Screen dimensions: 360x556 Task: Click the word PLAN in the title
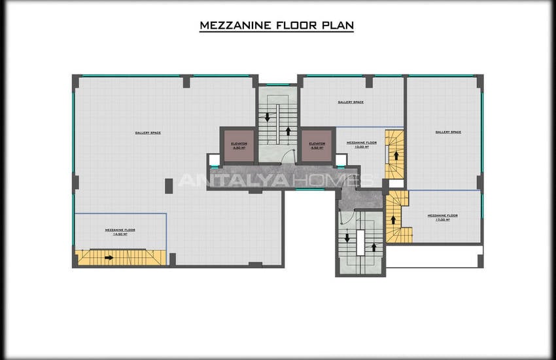pos(337,26)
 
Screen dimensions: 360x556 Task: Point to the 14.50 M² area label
pos(120,234)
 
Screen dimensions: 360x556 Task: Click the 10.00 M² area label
pos(361,147)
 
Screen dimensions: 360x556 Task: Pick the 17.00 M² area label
pos(442,220)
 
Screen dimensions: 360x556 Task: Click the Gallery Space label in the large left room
pos(148,133)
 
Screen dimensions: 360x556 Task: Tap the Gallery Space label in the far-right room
pos(448,132)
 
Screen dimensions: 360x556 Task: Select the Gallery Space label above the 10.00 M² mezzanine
pos(351,102)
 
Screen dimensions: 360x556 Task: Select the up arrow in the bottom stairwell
pos(374,247)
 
